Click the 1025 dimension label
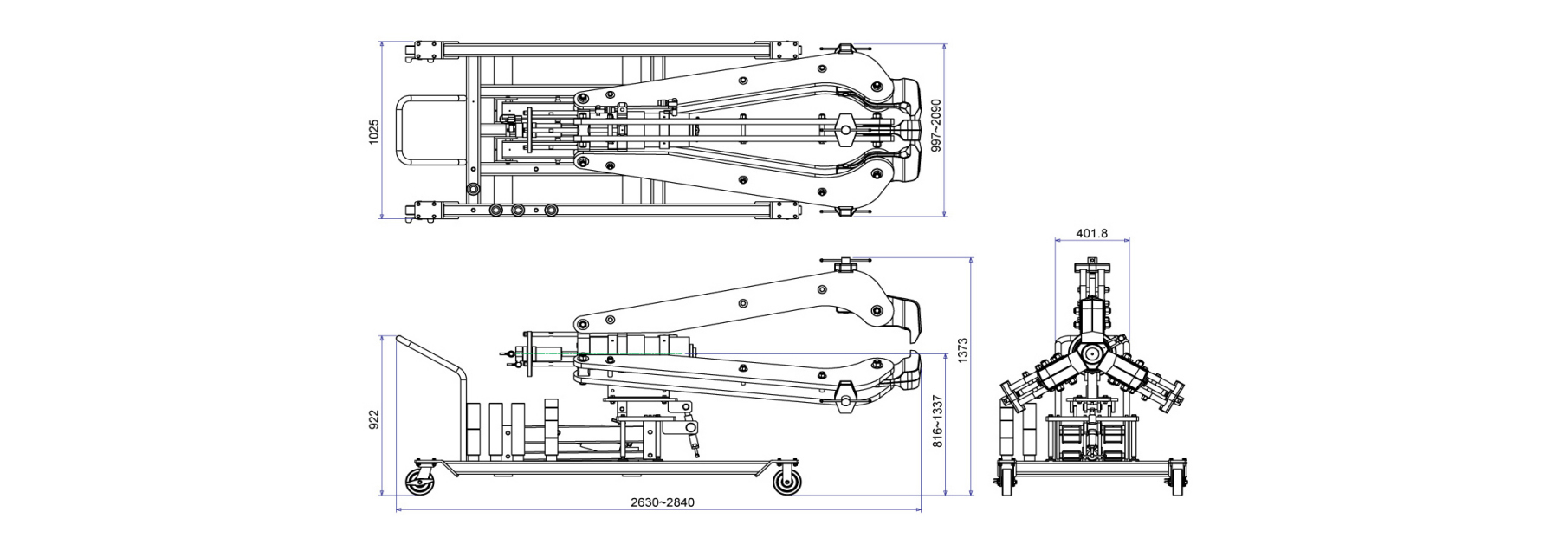[x=374, y=132]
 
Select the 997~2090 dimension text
[x=935, y=126]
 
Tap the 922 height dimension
[x=374, y=420]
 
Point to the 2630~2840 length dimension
[x=662, y=502]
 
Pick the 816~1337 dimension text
[x=937, y=421]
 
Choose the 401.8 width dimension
[x=1091, y=233]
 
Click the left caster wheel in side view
[x=420, y=480]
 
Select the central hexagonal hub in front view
[x=1091, y=354]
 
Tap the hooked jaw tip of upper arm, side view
[x=911, y=316]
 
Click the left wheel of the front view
[x=1006, y=479]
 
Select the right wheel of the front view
[x=1177, y=479]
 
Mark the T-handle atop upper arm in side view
[x=845, y=263]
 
